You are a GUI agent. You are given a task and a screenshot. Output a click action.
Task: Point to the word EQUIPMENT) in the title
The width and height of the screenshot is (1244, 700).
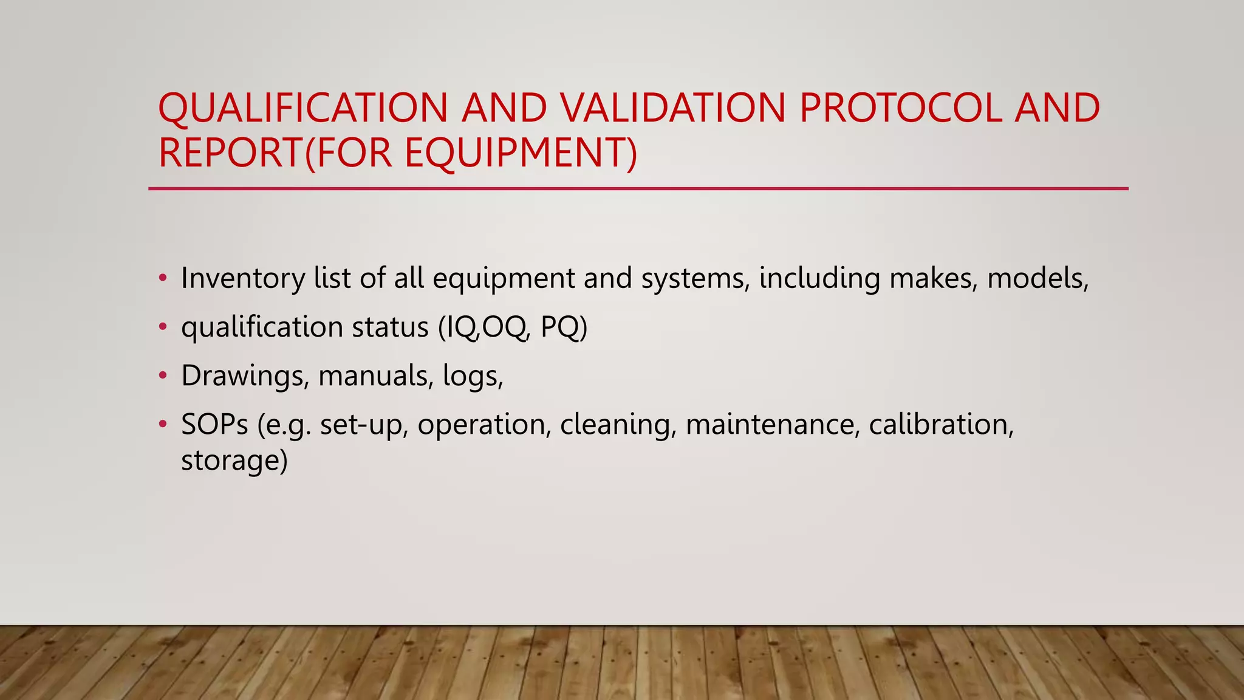pyautogui.click(x=521, y=153)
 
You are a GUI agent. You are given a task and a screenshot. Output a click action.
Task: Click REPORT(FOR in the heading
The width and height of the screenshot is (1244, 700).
pyautogui.click(x=275, y=153)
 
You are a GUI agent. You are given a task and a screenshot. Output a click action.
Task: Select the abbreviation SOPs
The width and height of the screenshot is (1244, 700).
pyautogui.click(x=214, y=424)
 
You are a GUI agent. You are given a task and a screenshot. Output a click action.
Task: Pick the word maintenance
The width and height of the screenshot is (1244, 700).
pyautogui.click(x=773, y=424)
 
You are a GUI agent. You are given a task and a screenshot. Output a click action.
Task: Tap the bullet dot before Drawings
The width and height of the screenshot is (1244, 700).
pyautogui.click(x=162, y=376)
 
